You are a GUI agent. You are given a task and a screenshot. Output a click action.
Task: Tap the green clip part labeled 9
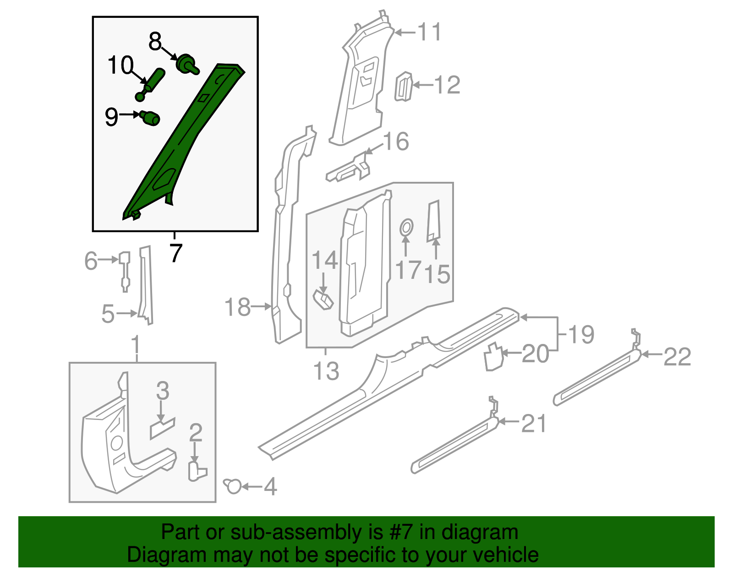pyautogui.click(x=150, y=118)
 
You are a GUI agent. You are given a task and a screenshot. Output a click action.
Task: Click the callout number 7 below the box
pyautogui.click(x=175, y=252)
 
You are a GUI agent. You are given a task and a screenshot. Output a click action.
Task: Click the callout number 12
pyautogui.click(x=447, y=85)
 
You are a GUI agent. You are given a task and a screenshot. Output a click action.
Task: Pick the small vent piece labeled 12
pyautogui.click(x=404, y=87)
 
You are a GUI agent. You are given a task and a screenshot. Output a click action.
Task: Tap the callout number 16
pyautogui.click(x=396, y=142)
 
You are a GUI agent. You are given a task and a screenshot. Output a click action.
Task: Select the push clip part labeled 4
pyautogui.click(x=233, y=486)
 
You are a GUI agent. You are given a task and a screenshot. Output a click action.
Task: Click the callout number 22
pyautogui.click(x=677, y=357)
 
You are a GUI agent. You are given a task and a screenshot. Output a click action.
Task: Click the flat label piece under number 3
pyautogui.click(x=162, y=428)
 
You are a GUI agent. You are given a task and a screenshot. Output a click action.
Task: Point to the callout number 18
pyautogui.click(x=238, y=307)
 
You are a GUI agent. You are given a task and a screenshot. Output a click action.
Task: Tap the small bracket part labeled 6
pyautogui.click(x=125, y=270)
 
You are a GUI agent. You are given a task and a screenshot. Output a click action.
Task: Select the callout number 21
pyautogui.click(x=534, y=424)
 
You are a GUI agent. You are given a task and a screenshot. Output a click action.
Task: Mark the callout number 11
pyautogui.click(x=429, y=32)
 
